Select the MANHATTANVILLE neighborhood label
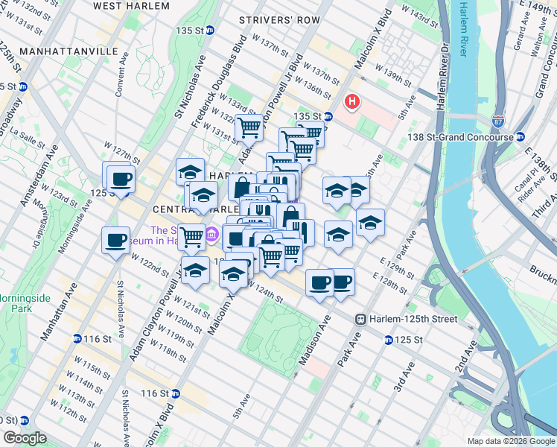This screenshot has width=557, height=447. pyautogui.click(x=69, y=51)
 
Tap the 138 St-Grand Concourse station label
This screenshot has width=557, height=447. pyautogui.click(x=462, y=137)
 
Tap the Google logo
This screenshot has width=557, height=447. pyautogui.click(x=24, y=437)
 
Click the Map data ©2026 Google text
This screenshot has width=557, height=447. pyautogui.click(x=509, y=441)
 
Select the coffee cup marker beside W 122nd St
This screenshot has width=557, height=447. pyautogui.click(x=116, y=241)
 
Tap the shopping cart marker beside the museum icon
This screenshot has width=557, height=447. pyautogui.click(x=192, y=237)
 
